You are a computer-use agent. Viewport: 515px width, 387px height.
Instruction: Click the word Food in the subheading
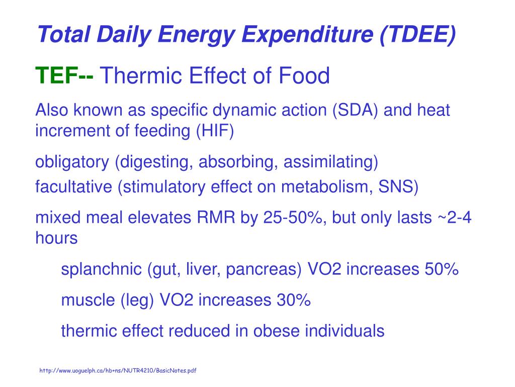305,77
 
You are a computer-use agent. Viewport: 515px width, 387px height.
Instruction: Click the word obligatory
72,162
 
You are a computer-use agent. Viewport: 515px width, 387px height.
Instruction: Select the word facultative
74,187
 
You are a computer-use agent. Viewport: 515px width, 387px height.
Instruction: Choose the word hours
56,238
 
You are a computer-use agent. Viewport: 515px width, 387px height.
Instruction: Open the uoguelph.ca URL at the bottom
118,371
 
